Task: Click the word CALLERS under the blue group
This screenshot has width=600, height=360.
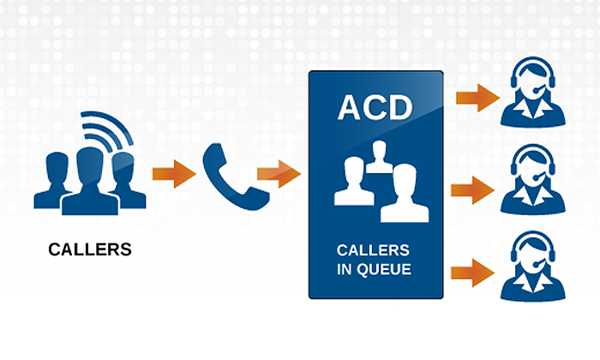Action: [90, 250]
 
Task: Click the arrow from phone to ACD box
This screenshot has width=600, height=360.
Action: [279, 175]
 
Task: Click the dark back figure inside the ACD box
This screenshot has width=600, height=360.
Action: [377, 157]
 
